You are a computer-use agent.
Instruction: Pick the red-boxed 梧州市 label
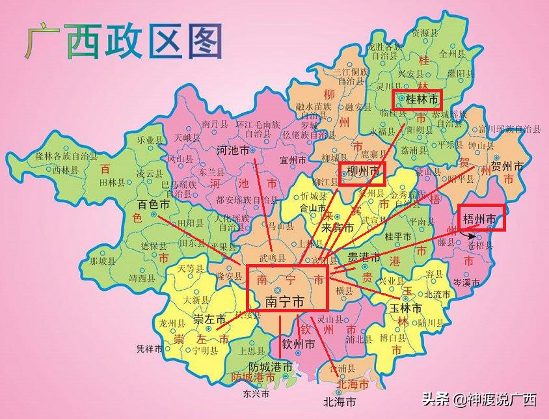[481, 219]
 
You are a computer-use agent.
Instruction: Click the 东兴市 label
[255, 393]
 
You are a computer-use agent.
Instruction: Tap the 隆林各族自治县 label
[66, 156]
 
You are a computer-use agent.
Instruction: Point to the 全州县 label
[451, 53]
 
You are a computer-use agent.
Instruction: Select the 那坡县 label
[102, 261]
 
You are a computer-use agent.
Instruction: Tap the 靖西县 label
[142, 278]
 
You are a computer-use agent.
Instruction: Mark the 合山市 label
[312, 208]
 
